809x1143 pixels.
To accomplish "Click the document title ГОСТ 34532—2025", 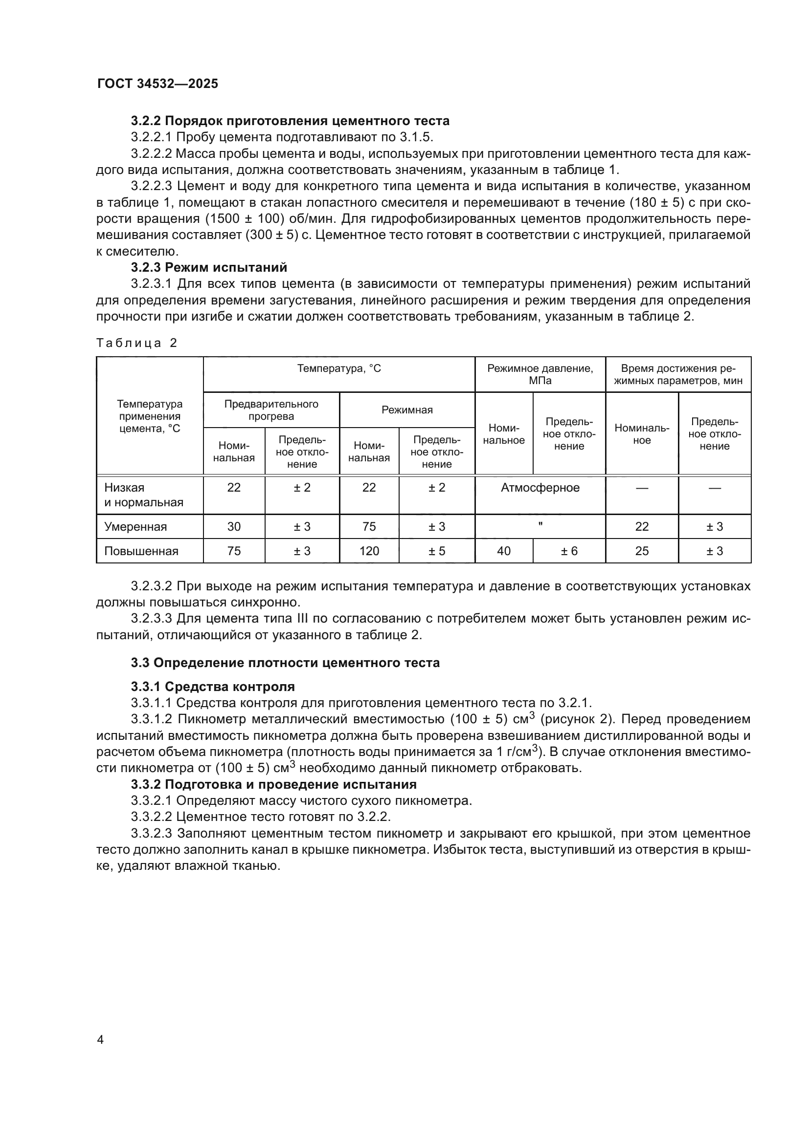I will click(157, 84).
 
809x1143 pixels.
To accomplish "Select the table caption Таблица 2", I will click(137, 343).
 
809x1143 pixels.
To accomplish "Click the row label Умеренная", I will click(135, 527).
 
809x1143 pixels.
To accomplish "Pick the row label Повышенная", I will click(141, 551).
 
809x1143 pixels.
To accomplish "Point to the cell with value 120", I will click(369, 551).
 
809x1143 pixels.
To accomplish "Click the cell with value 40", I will click(504, 551).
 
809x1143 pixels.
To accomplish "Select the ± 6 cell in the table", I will click(569, 551).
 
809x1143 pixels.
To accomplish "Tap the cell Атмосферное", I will click(540, 488).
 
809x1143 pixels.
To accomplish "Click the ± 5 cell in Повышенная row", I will click(437, 551).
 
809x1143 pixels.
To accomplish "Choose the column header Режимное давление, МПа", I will click(540, 374).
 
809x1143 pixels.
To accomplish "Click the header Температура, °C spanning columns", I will click(339, 369).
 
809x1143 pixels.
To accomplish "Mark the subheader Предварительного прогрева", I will click(271, 410).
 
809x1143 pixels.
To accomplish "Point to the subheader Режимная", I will click(407, 410).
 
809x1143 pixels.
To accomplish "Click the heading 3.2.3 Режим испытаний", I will click(209, 267).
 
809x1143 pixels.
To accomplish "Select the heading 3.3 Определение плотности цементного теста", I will click(286, 663).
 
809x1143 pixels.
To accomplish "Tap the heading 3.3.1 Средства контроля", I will click(213, 687).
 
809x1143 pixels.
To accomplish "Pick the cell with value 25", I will click(642, 551).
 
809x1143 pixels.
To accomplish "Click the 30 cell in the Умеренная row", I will click(234, 527).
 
